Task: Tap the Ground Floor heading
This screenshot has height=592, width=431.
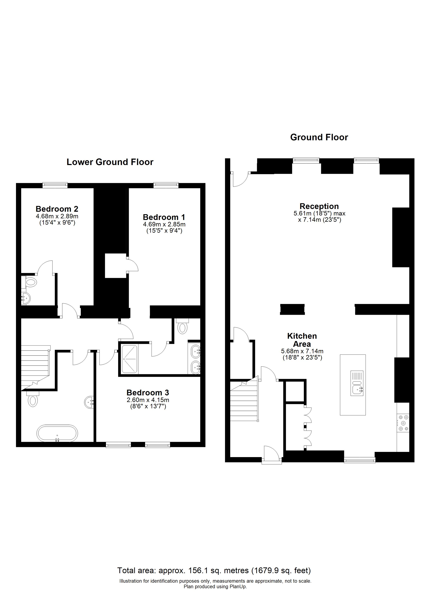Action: pos(319,137)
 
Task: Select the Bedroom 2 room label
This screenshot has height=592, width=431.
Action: pos(57,209)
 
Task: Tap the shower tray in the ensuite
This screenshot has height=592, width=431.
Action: pos(129,359)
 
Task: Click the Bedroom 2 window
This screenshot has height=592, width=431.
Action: pos(55,185)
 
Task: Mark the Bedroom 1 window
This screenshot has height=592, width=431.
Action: pos(166,185)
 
